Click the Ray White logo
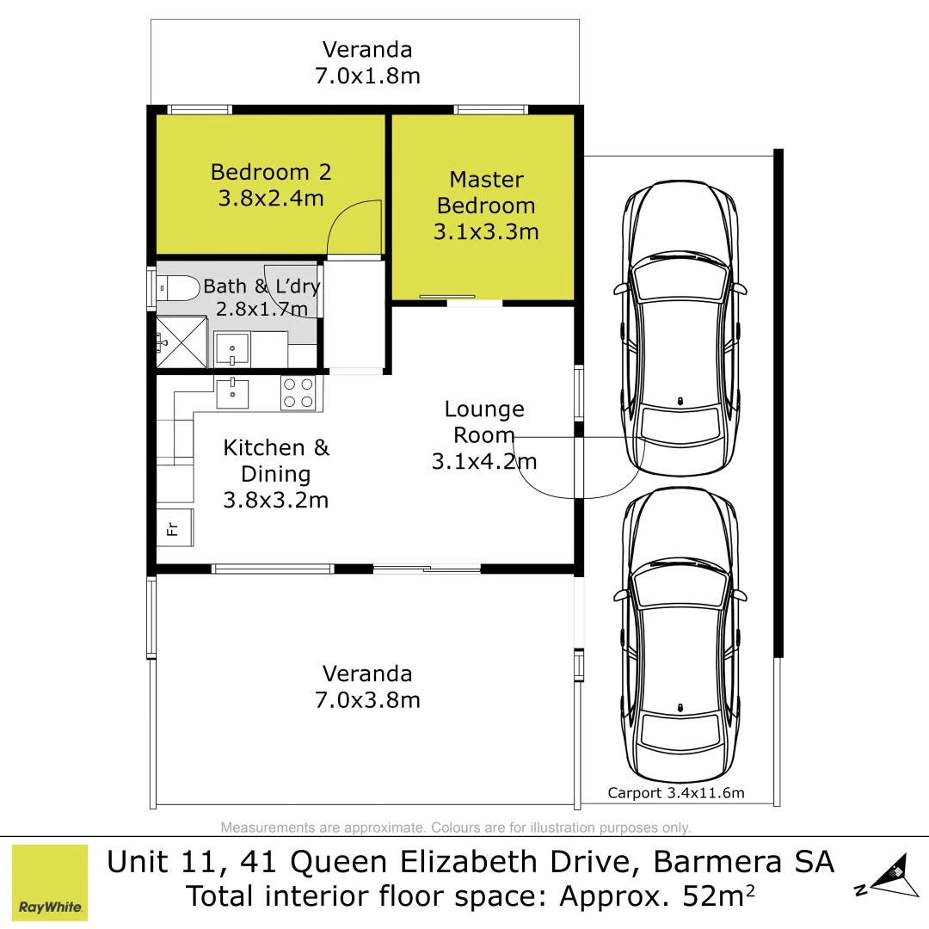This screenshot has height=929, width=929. pyautogui.click(x=50, y=883)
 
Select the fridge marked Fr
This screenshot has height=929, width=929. pyautogui.click(x=174, y=527)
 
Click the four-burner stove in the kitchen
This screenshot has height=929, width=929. pyautogui.click(x=298, y=393)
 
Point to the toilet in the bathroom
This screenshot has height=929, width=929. pyautogui.click(x=178, y=287)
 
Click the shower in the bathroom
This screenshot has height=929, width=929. pyautogui.click(x=182, y=342)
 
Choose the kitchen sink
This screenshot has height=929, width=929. pyautogui.click(x=232, y=393)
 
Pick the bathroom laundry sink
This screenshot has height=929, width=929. pyautogui.click(x=232, y=349)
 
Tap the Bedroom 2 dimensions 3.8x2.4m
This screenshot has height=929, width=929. pyautogui.click(x=270, y=199)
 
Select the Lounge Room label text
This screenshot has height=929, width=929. pyautogui.click(x=484, y=421)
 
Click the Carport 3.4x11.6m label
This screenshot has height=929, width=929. pyautogui.click(x=676, y=793)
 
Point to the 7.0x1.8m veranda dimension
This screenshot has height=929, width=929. pyautogui.click(x=367, y=76)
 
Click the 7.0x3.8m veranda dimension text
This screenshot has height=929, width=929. pyautogui.click(x=367, y=700)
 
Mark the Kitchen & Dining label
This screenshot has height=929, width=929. pyautogui.click(x=276, y=460)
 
